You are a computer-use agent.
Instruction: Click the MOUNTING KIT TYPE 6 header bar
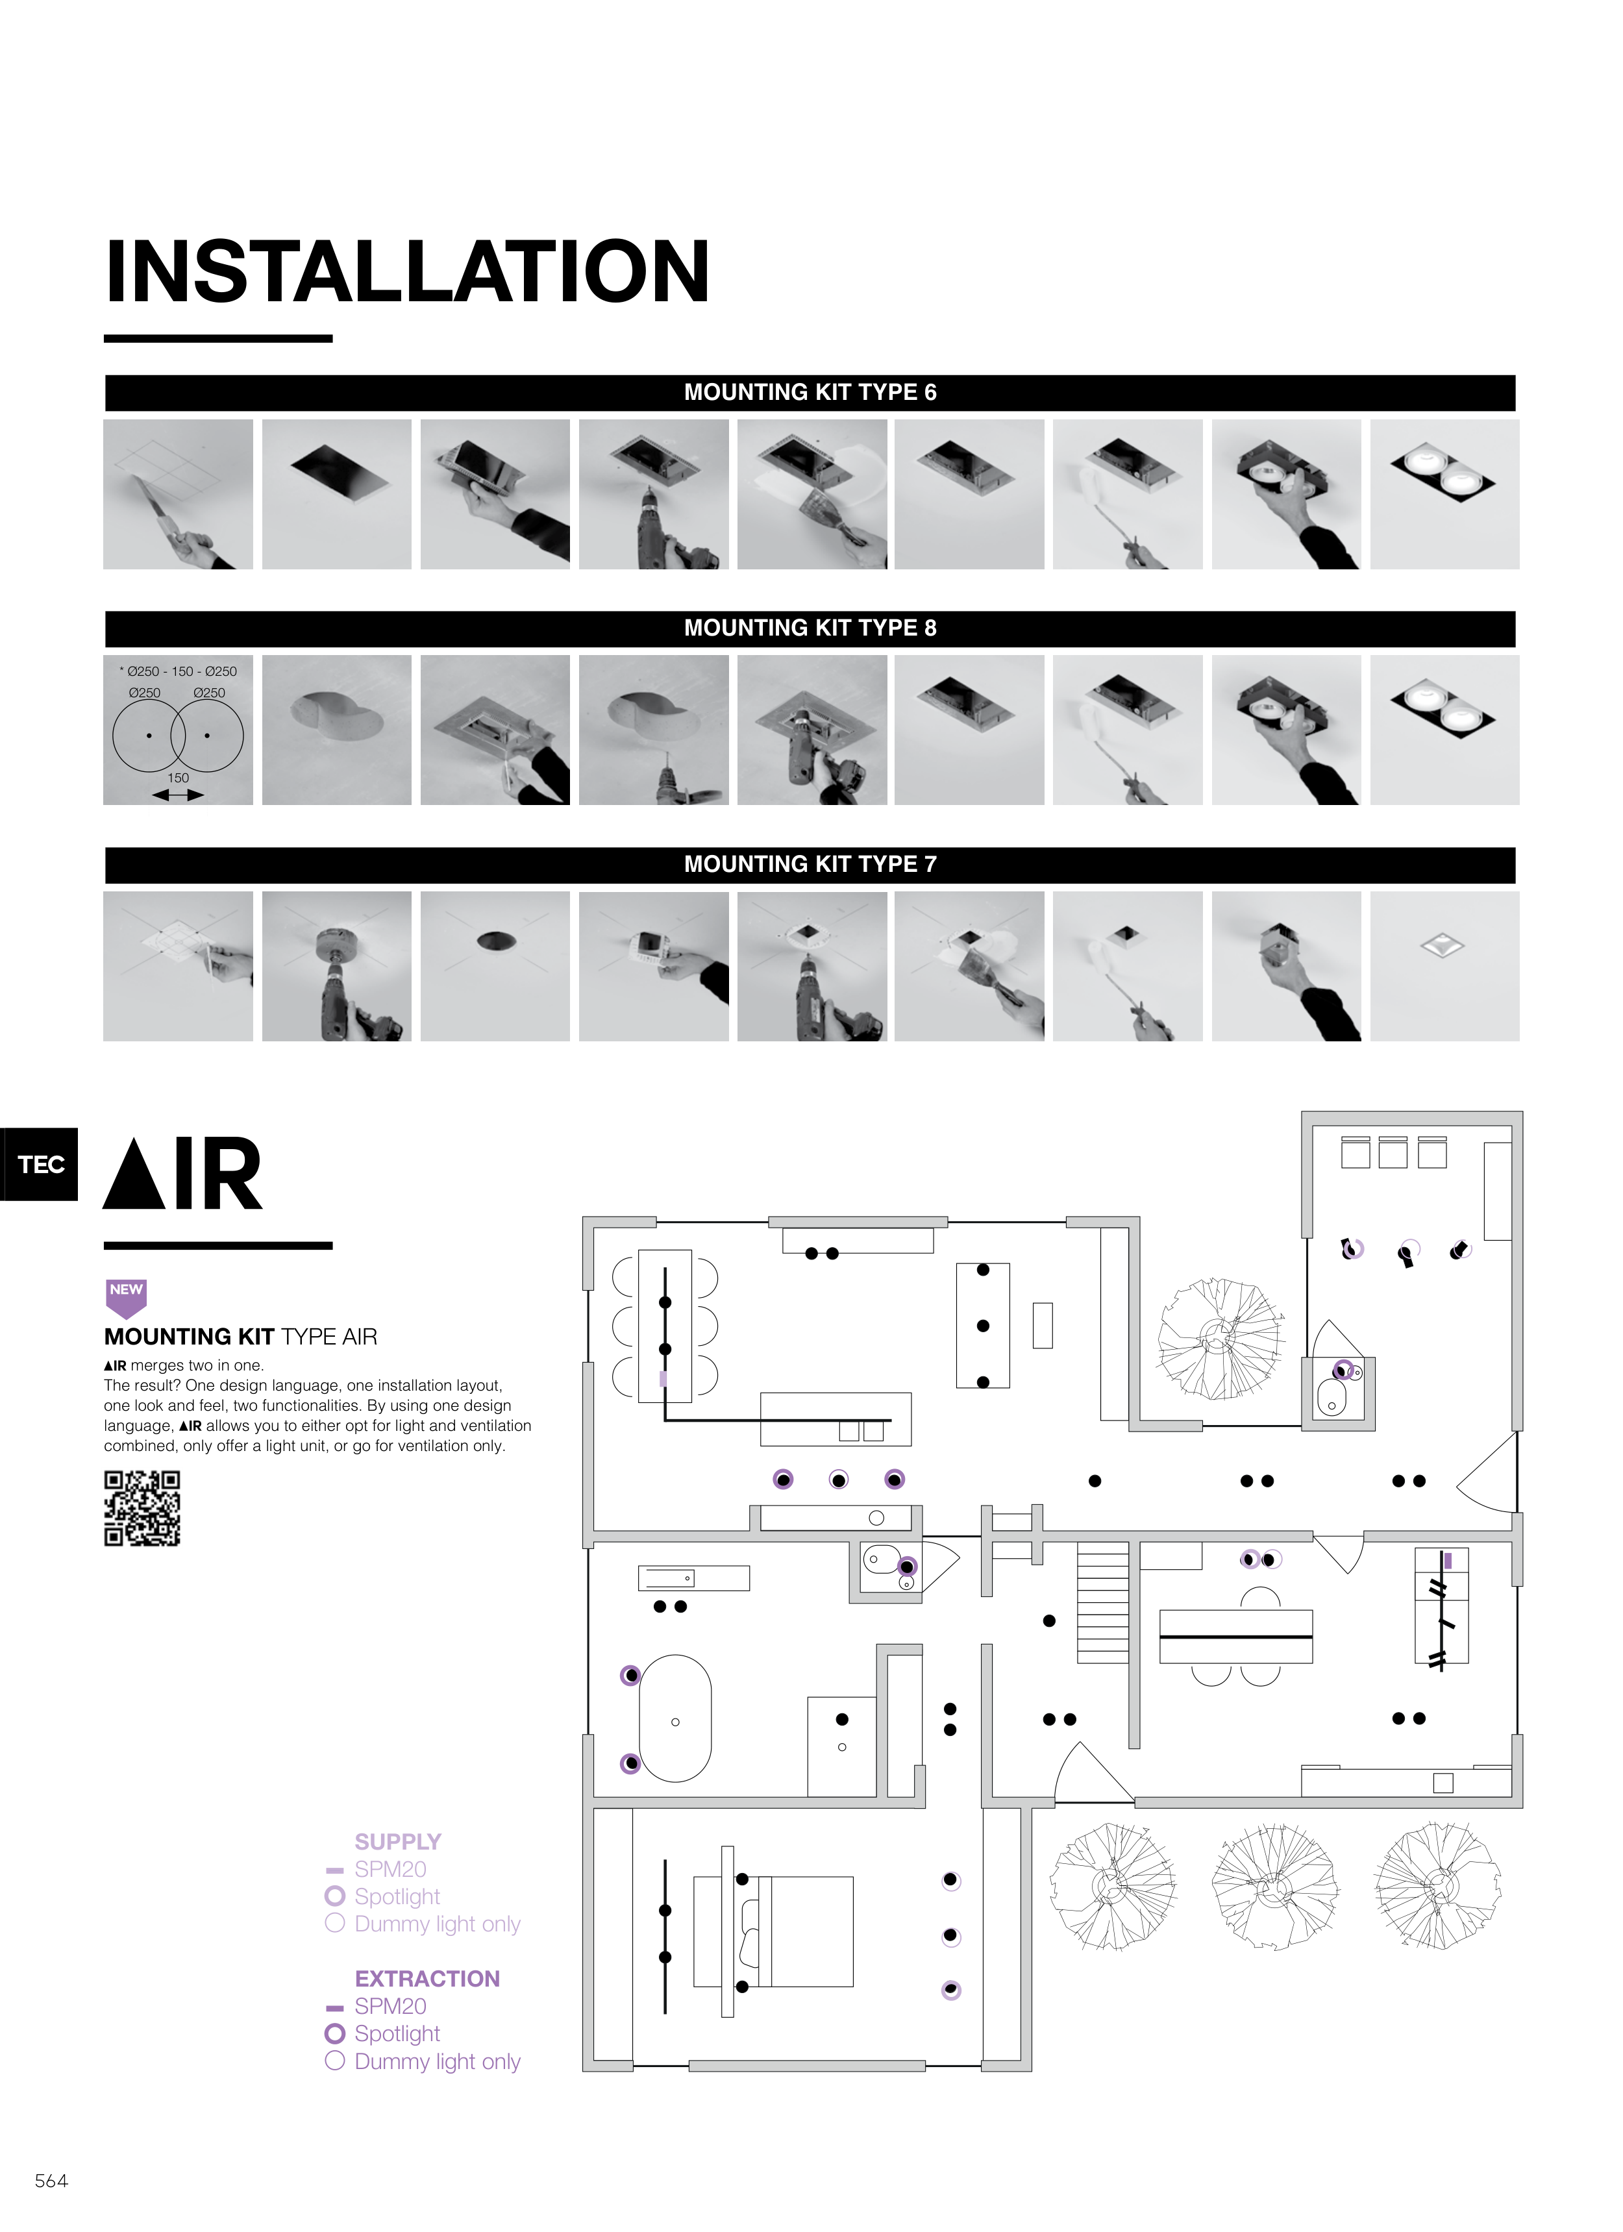click(810, 393)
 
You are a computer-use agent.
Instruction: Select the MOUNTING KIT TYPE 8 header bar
click(810, 629)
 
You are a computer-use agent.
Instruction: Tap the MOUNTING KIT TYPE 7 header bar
click(810, 865)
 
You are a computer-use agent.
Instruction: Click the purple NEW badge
click(126, 1298)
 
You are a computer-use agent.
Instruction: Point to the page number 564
click(51, 2181)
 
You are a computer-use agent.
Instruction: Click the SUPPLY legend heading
click(397, 1841)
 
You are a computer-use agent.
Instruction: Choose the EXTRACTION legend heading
click(427, 1978)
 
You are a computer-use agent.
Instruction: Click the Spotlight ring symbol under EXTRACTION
click(334, 2033)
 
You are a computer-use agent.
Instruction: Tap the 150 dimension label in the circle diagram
click(178, 778)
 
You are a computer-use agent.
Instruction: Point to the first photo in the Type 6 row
click(178, 494)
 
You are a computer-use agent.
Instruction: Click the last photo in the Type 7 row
click(1444, 967)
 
